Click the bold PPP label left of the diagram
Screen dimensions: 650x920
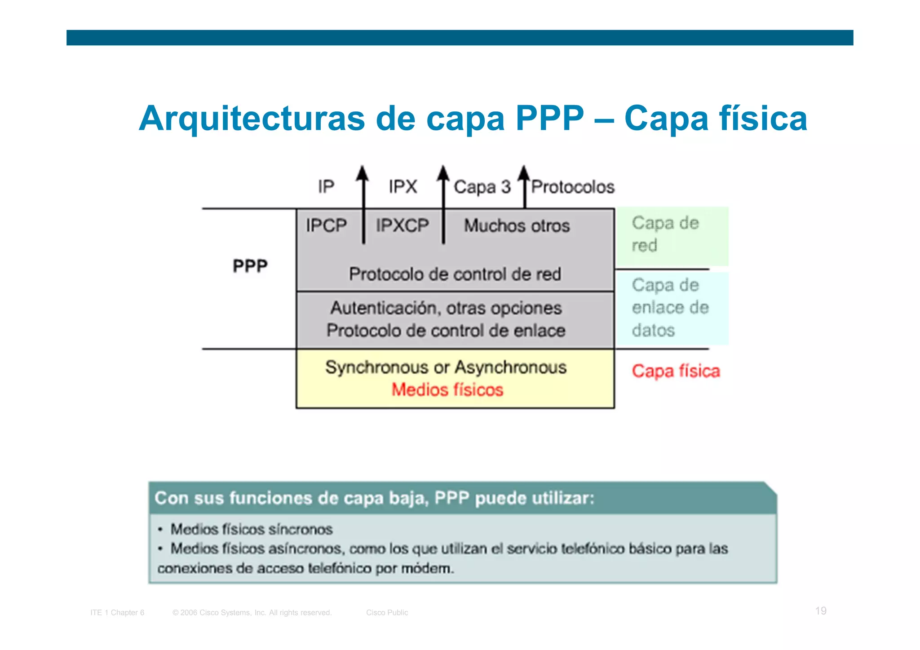click(x=250, y=266)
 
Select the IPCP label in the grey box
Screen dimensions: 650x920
click(x=326, y=226)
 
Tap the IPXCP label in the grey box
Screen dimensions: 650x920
click(x=402, y=226)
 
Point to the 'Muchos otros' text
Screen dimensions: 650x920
click(x=517, y=226)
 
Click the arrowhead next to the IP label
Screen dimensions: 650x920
click(x=363, y=173)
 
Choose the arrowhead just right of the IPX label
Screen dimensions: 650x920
click(x=443, y=173)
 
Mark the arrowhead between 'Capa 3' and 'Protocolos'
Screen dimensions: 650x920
click(x=524, y=173)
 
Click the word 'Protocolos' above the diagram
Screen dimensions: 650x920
click(x=573, y=187)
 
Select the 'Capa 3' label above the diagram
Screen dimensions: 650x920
click(x=482, y=187)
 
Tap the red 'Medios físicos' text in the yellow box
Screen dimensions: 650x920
click(x=447, y=389)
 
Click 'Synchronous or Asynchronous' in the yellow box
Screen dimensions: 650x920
click(x=446, y=367)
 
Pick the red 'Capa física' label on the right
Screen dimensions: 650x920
click(x=676, y=371)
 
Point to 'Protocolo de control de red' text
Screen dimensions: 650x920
click(x=455, y=274)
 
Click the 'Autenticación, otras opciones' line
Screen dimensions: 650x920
click(x=446, y=308)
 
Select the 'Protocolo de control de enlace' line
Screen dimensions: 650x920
click(x=446, y=331)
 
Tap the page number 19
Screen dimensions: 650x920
click(x=821, y=611)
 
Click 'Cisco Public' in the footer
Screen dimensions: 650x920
click(x=387, y=613)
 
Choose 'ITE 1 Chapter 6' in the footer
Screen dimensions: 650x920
click(x=117, y=613)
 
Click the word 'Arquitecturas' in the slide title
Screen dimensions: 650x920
click(x=252, y=119)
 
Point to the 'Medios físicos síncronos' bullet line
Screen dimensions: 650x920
click(x=252, y=529)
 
